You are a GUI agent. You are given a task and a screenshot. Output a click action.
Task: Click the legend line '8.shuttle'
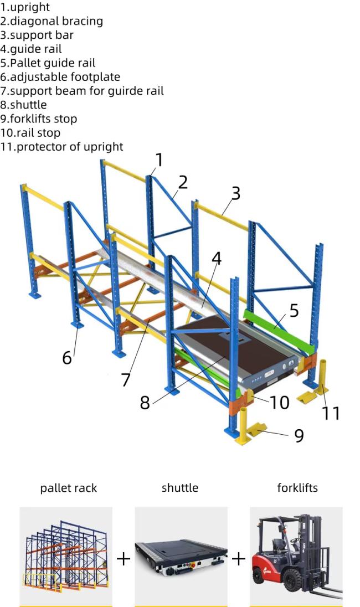[x=24, y=105]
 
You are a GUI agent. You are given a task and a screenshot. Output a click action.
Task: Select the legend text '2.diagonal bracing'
[x=52, y=21]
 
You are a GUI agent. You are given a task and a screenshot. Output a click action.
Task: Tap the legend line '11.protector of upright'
[x=61, y=147]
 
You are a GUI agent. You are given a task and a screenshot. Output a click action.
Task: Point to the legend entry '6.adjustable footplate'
[x=60, y=77]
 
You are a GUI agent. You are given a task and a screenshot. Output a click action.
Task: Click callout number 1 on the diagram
[x=159, y=160]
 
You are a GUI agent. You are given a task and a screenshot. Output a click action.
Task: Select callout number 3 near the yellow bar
[x=236, y=193]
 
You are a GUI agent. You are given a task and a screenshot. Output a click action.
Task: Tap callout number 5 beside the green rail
[x=294, y=311]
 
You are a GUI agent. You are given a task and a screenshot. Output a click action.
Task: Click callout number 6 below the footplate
[x=67, y=357]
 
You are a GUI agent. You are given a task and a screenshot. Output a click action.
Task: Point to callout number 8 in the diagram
[x=145, y=403]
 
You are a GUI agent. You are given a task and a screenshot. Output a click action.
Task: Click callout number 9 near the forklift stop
[x=299, y=435]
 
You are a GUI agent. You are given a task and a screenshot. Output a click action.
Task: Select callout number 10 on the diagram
[x=280, y=403]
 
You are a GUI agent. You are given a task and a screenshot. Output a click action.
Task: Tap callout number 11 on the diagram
[x=331, y=413]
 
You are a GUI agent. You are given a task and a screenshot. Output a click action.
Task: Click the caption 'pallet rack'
[x=69, y=488]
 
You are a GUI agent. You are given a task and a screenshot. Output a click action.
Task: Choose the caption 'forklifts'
[x=297, y=487]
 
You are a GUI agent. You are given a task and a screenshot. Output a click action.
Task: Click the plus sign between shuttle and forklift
[x=239, y=559]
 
